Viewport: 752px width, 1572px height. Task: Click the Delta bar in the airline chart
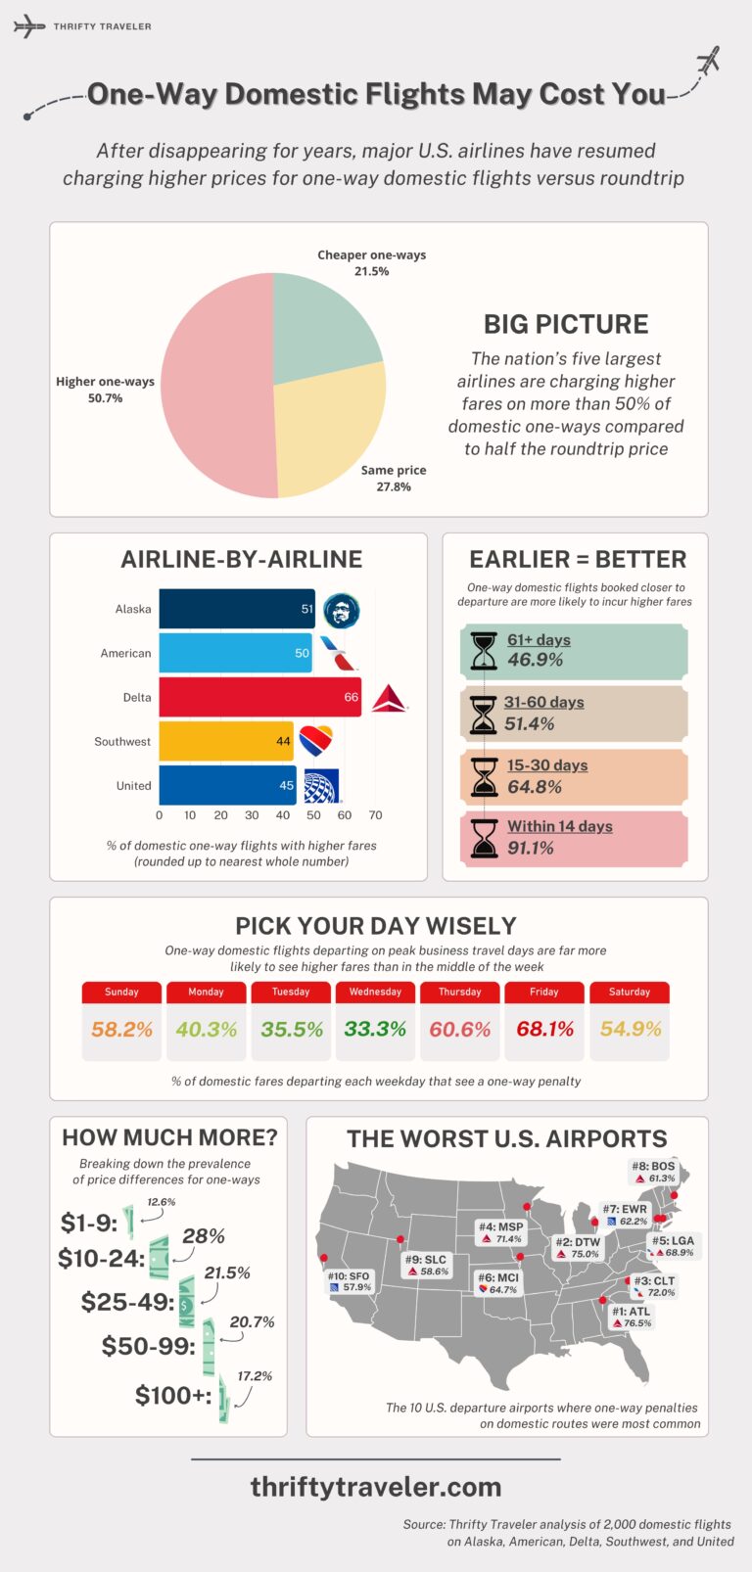click(259, 697)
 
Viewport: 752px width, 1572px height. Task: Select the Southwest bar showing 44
click(225, 741)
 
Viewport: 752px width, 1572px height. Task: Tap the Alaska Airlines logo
click(342, 611)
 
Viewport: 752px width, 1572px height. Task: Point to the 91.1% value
click(531, 849)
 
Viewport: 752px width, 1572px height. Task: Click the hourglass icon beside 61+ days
click(484, 651)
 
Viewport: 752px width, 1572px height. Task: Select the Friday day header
click(544, 992)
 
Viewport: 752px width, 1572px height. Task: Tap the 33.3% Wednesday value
click(375, 1029)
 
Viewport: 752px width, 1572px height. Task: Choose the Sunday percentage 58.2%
click(121, 1029)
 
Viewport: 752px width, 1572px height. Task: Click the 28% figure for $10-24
click(204, 1236)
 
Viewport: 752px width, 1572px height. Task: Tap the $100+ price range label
click(173, 1395)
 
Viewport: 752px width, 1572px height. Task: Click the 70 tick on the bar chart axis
click(375, 814)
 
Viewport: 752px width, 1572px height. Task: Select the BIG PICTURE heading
click(566, 324)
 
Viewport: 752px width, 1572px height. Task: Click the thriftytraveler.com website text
click(376, 1487)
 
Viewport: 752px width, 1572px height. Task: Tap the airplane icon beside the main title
click(707, 61)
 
